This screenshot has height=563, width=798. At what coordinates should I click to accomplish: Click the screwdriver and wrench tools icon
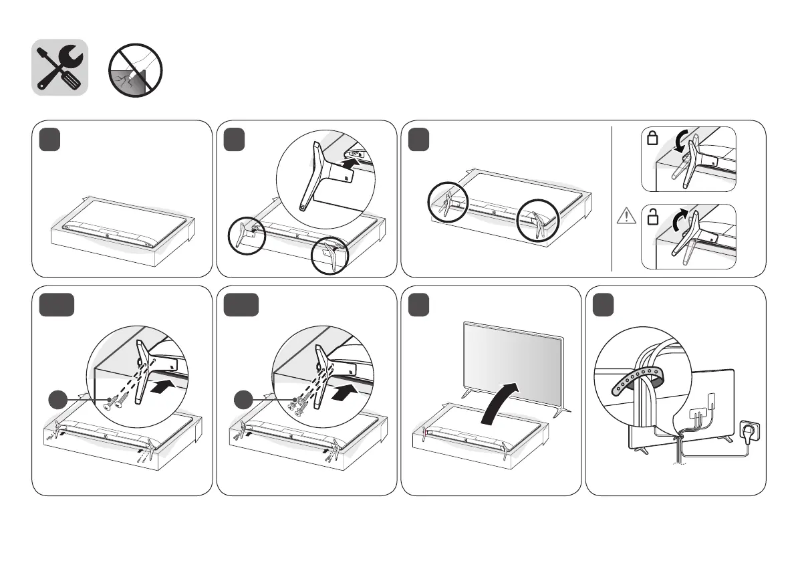point(60,68)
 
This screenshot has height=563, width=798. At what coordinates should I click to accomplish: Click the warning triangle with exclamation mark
point(626,216)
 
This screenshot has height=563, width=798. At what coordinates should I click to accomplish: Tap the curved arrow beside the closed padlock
point(680,142)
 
